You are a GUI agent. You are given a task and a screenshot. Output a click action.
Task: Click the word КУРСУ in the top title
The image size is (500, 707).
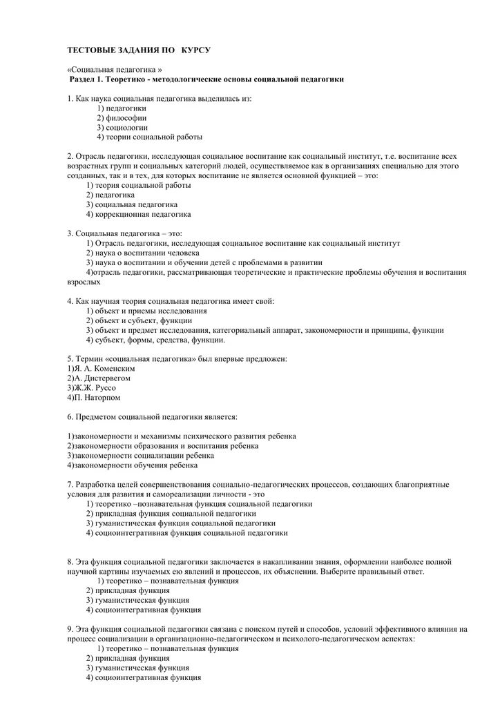tap(195, 52)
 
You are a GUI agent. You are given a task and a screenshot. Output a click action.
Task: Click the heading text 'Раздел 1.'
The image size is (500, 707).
tap(88, 80)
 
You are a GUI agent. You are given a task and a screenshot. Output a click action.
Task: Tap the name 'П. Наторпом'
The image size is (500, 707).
tap(97, 398)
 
